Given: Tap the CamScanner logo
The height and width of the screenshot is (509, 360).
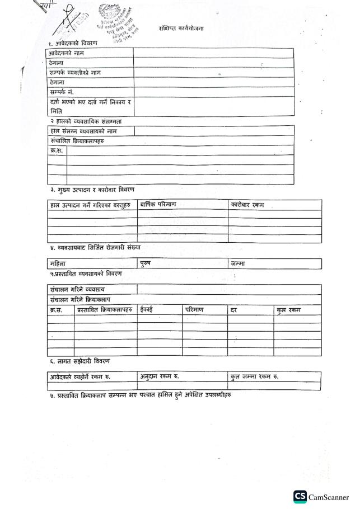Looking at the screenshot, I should click(x=321, y=497).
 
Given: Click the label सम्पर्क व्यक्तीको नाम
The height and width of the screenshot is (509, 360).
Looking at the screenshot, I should click(x=75, y=73).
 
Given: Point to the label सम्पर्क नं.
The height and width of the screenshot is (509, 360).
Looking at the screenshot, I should click(x=62, y=92).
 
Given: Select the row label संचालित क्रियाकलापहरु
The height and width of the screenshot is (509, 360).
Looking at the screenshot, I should click(x=77, y=141).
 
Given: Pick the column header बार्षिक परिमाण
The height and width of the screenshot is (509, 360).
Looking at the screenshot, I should click(x=158, y=205).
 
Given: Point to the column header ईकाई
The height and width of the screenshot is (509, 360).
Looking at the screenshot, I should click(x=146, y=309).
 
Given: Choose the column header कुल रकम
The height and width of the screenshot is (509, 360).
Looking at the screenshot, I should click(x=288, y=310).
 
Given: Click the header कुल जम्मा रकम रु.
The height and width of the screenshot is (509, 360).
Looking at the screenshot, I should click(x=255, y=376).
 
